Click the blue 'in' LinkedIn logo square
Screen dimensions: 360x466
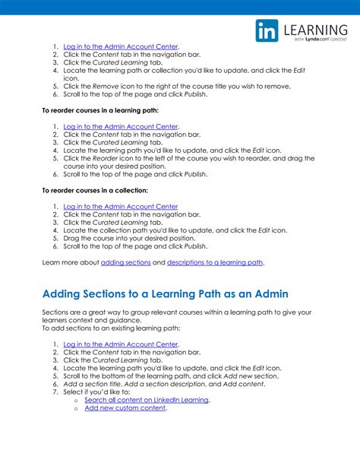point(267,31)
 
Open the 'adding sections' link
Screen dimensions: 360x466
point(125,262)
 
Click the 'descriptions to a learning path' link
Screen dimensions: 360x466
point(215,262)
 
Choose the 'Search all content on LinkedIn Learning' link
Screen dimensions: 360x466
point(147,399)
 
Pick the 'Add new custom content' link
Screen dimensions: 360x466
point(125,408)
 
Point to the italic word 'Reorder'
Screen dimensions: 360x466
point(105,158)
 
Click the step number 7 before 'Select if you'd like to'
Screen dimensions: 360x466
point(55,392)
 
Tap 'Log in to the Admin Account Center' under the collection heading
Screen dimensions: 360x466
point(121,206)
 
